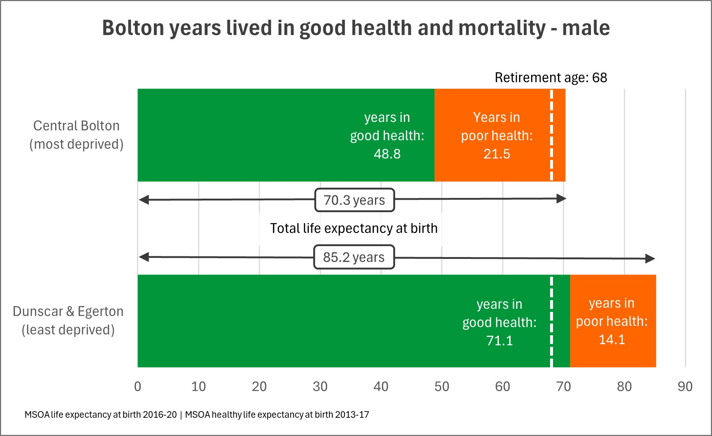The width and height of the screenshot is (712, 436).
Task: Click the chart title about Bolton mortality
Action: pos(356,28)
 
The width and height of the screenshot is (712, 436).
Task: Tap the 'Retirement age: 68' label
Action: pos(550,77)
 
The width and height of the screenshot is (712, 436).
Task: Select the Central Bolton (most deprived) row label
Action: pos(76,135)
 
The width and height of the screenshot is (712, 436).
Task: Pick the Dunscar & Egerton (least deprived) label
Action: pos(68,320)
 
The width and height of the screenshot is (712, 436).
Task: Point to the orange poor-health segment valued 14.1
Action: pos(613,321)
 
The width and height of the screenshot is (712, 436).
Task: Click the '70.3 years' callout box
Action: pos(355,200)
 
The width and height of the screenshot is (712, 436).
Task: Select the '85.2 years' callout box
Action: pos(354,257)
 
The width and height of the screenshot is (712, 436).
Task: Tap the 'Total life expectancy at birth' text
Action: pos(353,228)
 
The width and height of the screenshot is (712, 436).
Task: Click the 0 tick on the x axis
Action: pos(138,386)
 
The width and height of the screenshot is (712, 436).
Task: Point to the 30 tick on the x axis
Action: pos(320,386)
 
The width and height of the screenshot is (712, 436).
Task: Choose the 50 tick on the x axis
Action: pos(442,386)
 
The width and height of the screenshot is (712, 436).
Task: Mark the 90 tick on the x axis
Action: pos(685,386)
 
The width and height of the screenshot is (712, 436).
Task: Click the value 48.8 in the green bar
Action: pos(387,154)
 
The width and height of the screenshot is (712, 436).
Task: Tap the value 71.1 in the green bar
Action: pos(500,340)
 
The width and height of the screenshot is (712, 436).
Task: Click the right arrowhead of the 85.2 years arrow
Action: pos(650,259)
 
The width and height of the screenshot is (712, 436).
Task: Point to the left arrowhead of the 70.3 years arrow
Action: pos(144,200)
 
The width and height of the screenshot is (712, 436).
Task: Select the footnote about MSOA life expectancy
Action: pos(197,415)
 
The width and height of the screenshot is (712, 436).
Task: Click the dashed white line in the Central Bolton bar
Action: pos(552,135)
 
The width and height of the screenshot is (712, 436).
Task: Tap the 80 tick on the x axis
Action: pos(624,386)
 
